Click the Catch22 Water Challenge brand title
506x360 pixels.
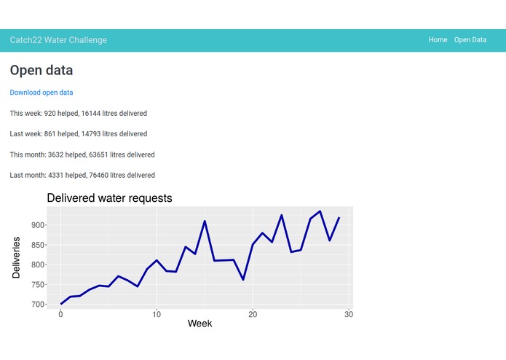tap(58, 40)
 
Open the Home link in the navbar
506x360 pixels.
tap(438, 40)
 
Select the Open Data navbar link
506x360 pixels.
tap(470, 40)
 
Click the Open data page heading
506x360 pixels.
tap(41, 71)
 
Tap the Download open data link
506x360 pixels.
tap(41, 93)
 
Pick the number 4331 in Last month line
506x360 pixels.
tap(58, 176)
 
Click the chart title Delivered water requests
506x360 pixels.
tap(109, 197)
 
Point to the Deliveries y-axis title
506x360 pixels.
tap(16, 257)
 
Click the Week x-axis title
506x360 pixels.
tap(200, 323)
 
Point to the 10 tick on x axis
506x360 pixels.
tap(157, 314)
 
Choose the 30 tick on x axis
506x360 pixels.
tap(349, 314)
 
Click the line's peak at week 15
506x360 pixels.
tap(205, 221)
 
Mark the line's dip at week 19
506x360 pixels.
tap(243, 280)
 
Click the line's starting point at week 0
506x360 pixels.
tap(61, 304)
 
